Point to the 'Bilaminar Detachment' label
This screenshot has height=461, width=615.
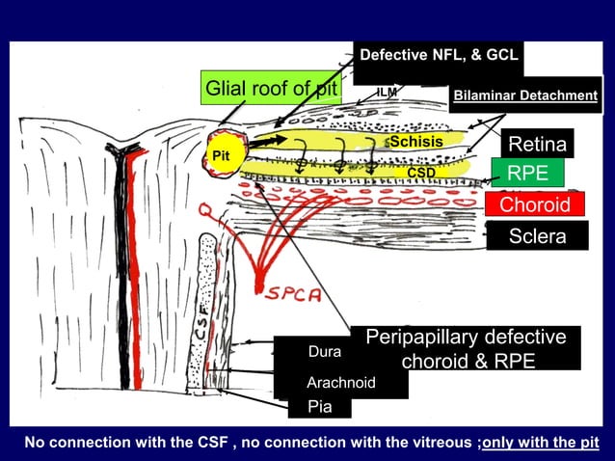[x=525, y=95]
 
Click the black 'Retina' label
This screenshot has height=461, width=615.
[x=538, y=145]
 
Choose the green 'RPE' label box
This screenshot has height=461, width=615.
[x=527, y=174]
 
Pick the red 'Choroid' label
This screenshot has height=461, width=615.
[x=535, y=205]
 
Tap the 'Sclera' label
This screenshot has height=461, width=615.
[x=537, y=236]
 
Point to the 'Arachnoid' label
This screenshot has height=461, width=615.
[x=340, y=383]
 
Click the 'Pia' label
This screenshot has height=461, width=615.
[x=319, y=407]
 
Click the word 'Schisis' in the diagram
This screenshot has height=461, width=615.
[x=415, y=142]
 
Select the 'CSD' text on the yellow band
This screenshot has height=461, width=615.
[x=421, y=173]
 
